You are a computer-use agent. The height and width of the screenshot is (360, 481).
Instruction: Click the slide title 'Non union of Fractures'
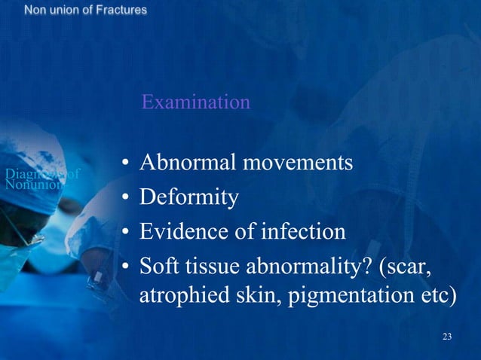pos(85,11)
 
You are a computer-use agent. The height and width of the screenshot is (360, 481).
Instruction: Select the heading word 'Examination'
pos(195,102)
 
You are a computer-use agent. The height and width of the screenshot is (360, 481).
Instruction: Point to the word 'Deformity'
pos(189,197)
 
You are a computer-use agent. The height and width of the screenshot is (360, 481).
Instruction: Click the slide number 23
pos(447,336)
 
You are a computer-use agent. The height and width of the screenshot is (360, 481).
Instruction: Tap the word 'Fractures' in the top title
pos(121,11)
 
